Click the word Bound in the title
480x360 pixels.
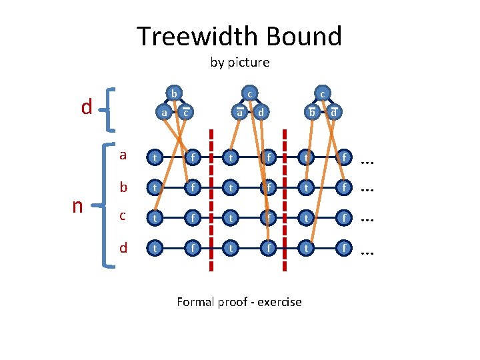[x=306, y=36]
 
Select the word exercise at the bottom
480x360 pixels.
[x=275, y=302]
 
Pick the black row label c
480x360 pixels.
[x=123, y=216]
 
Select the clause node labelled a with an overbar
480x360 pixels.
[x=238, y=113]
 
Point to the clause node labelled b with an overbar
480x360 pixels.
[x=311, y=113]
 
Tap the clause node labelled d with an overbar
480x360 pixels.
[x=333, y=113]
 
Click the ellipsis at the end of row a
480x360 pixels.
[x=367, y=160]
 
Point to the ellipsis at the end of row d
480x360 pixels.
[x=367, y=251]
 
